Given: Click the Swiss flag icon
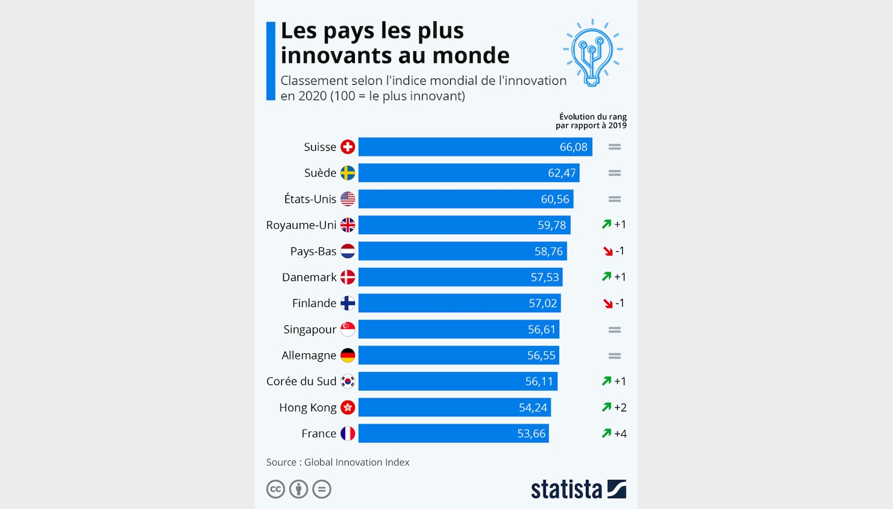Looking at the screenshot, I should pos(347,147).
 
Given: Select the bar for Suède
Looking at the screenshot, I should pos(468,173).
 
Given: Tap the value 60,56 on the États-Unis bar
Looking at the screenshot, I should pos(555,199).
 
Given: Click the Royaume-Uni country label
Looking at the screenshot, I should pos(301,225).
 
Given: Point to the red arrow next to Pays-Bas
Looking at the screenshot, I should pos(607,251).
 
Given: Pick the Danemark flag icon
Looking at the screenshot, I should pos(347,277).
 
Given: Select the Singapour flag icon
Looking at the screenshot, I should pos(347,330).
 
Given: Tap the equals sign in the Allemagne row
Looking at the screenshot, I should pos(615,356).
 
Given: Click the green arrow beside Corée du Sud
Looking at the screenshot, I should pos(607,381).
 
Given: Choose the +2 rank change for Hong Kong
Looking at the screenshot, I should pos(620,407).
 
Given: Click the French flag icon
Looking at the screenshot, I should pos(347,434).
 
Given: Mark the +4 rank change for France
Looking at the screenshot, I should pos(620,434).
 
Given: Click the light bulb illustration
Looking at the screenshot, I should pos(592,53).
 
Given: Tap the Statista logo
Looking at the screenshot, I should pos(578,489).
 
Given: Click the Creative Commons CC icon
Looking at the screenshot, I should pos(275,489).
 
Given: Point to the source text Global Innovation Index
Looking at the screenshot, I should pos(357,462).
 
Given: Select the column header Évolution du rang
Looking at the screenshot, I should pos(592,117).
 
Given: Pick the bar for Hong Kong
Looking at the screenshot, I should pos(455,407).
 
